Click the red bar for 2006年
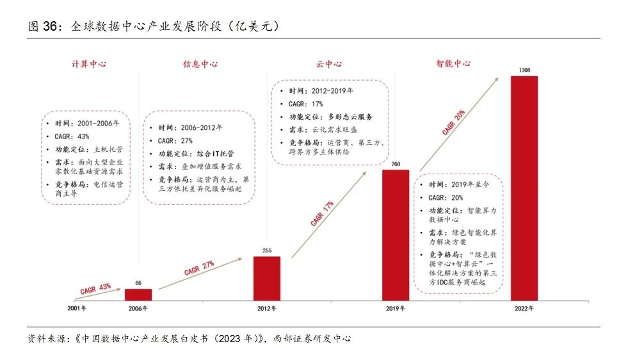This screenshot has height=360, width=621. point(138,294)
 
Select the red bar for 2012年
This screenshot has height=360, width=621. point(266,278)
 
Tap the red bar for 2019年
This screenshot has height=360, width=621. point(395,235)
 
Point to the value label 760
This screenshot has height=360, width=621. point(395,165)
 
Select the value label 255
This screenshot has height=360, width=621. point(266,250)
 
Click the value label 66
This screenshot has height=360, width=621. point(138,282)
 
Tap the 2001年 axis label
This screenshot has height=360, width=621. point(77,308)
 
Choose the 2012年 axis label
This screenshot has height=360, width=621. point(266,308)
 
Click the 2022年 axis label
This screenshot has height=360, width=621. point(524,308)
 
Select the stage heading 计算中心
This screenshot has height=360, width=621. point(88,64)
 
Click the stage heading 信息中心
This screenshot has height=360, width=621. point(200,64)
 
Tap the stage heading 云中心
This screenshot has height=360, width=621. point(328,64)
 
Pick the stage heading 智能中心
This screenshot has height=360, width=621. point(453,64)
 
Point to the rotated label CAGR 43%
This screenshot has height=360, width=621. point(97,288)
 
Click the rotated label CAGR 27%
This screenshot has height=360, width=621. point(199,267)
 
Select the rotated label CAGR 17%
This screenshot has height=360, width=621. point(322,213)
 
